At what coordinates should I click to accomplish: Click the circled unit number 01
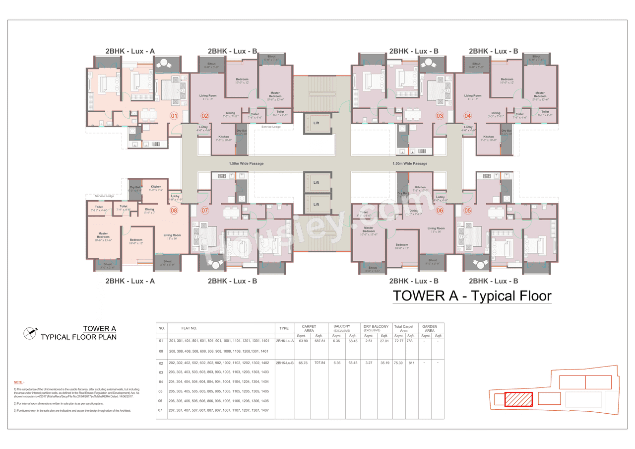click(x=174, y=116)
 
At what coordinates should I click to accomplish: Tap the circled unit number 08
click(x=174, y=211)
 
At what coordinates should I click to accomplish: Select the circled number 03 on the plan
click(x=439, y=116)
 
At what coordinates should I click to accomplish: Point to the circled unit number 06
click(x=440, y=211)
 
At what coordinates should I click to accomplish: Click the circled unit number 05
click(x=468, y=211)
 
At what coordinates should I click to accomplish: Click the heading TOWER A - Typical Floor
click(x=472, y=296)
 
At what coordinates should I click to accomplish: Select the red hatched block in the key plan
click(x=518, y=399)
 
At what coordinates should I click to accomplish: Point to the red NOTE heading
click(x=19, y=382)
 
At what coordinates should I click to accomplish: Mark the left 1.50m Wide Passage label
click(x=246, y=163)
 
